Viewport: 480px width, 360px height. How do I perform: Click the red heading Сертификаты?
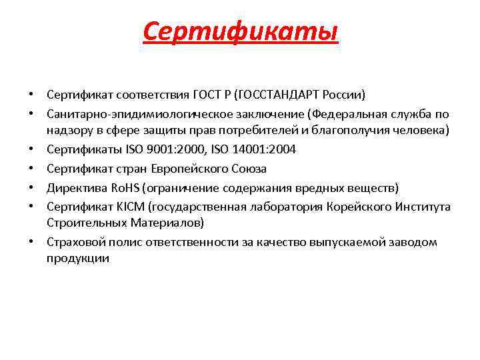240,31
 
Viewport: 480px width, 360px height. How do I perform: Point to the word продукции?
77,259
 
